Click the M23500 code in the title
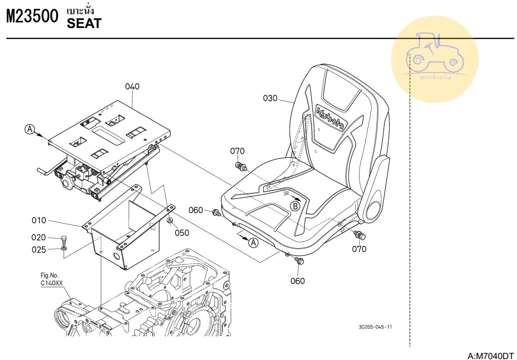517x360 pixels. (x=32, y=17)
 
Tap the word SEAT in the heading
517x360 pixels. (x=84, y=24)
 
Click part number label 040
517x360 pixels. (x=132, y=87)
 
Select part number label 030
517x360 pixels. (x=270, y=98)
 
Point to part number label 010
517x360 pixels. (x=39, y=220)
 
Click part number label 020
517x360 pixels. (x=39, y=237)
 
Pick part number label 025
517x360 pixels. (x=39, y=250)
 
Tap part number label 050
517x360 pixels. (x=181, y=232)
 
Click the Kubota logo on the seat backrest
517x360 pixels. (x=331, y=118)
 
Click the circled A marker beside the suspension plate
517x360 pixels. (x=29, y=129)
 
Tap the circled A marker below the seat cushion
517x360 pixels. (x=253, y=243)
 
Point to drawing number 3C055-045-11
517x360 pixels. (x=376, y=327)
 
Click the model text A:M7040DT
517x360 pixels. (x=490, y=356)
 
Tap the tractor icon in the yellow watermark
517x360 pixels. (x=435, y=53)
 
